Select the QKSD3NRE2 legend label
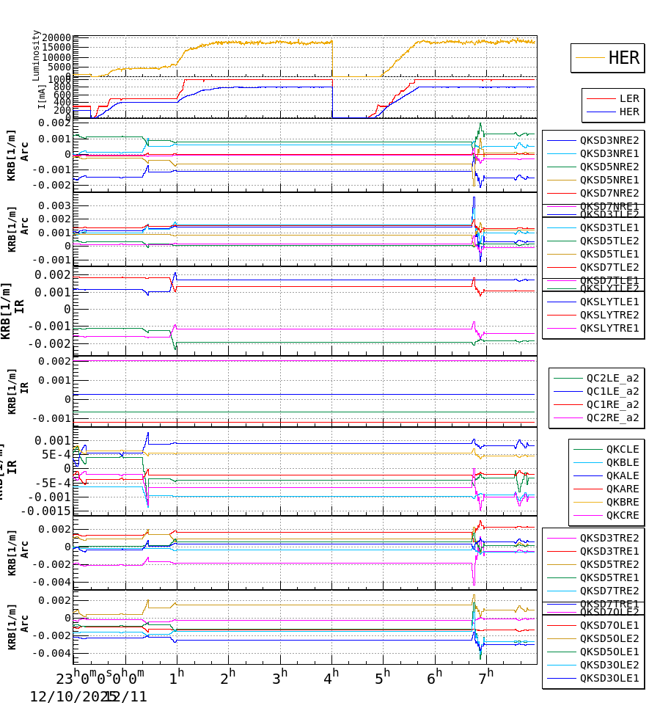(x=609, y=140)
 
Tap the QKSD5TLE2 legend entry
(x=609, y=241)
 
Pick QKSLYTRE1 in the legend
(x=609, y=328)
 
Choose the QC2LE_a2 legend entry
(x=612, y=378)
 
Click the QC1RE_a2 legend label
(x=612, y=404)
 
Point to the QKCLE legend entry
(x=622, y=449)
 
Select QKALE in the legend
(x=622, y=475)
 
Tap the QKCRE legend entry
(x=622, y=515)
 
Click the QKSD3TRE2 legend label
(x=609, y=538)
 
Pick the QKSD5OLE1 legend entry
(x=609, y=652)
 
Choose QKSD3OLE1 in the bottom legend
(x=609, y=678)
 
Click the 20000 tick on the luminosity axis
(x=56, y=38)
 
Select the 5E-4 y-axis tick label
(x=56, y=454)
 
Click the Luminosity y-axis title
(x=36, y=55)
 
